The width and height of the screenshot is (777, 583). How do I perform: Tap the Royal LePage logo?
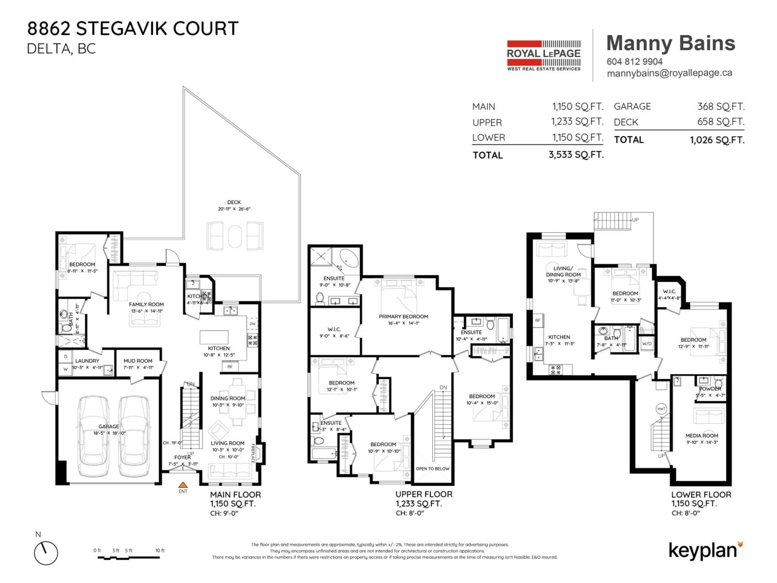click(543, 55)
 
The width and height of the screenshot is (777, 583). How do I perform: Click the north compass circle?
click(46, 553)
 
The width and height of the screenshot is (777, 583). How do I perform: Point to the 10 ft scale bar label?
click(160, 550)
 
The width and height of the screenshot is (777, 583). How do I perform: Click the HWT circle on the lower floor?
click(661, 409)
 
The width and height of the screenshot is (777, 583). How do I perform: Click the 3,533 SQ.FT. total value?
click(576, 155)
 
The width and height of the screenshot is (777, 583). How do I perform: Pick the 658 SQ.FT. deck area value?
click(721, 122)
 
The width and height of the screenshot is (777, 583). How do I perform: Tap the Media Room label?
click(702, 435)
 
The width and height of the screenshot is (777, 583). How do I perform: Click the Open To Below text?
click(432, 468)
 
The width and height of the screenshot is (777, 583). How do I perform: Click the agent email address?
click(669, 73)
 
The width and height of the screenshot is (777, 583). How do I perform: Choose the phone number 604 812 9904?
click(634, 62)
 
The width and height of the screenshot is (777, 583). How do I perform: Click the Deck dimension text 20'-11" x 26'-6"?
click(234, 209)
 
